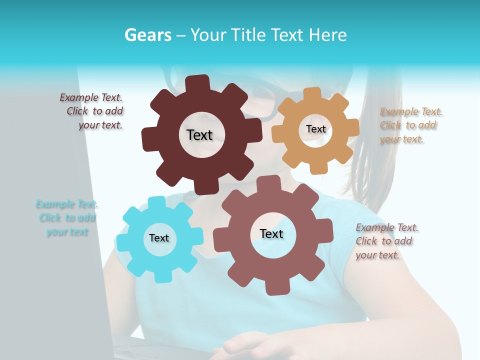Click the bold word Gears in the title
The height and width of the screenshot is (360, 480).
point(148,35)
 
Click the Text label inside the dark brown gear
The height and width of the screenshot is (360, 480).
point(199,135)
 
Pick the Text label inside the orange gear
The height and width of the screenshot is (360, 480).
point(315,129)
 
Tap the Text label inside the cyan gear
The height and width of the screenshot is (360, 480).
point(159,238)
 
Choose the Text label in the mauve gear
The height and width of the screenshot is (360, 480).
point(271,233)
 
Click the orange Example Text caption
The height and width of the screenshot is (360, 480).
point(410,125)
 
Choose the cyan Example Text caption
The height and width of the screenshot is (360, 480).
point(67,218)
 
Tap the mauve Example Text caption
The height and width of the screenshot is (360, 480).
point(386,241)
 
